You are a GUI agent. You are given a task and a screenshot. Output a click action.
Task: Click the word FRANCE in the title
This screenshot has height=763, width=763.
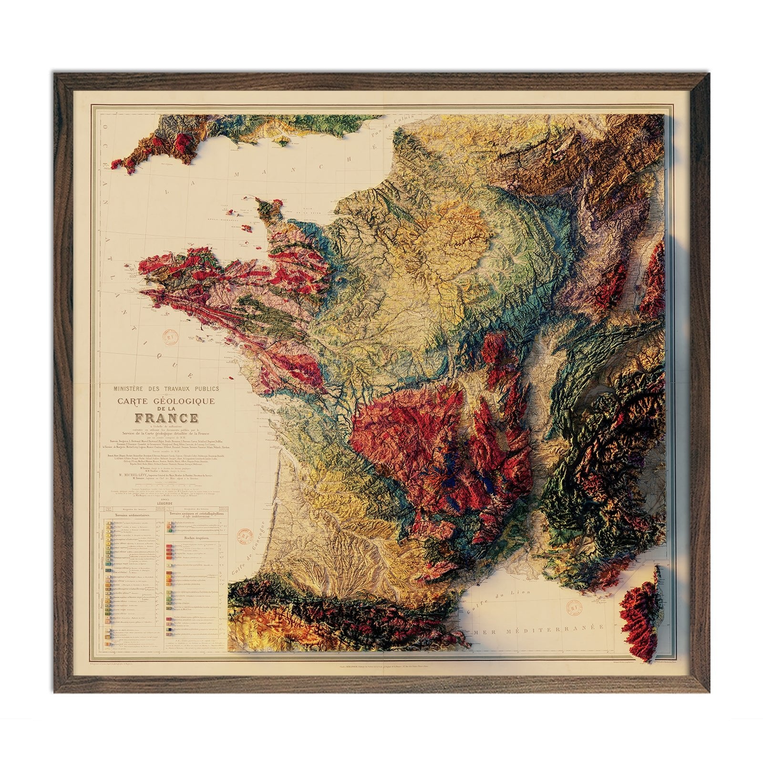click(166, 418)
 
